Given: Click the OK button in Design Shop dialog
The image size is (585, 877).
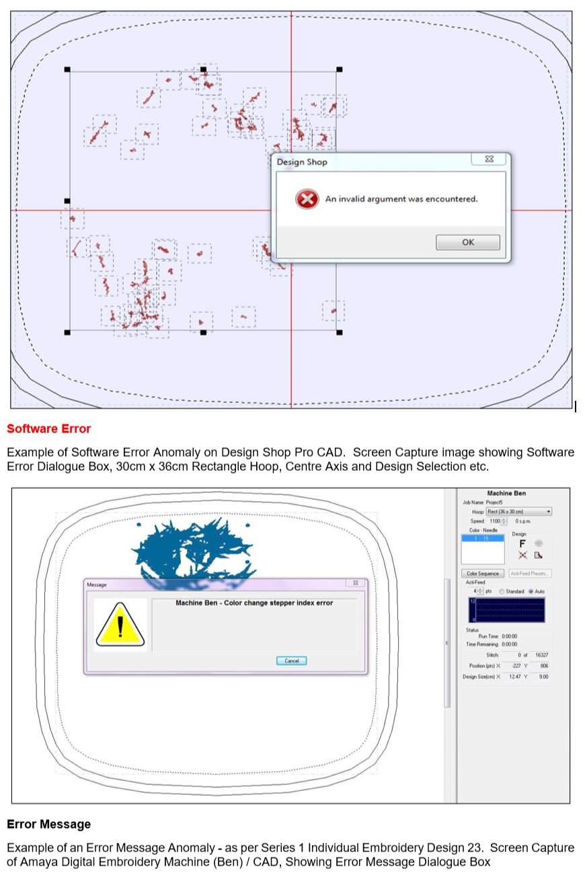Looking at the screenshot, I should [x=467, y=243].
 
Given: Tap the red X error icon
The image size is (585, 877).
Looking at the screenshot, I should [x=307, y=199].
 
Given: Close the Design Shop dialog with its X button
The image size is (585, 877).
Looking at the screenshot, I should [x=489, y=159].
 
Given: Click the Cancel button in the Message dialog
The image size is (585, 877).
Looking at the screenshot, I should [x=291, y=660].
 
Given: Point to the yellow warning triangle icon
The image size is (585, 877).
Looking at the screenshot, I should [x=120, y=625].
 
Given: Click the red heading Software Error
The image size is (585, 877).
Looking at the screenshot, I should [x=49, y=428].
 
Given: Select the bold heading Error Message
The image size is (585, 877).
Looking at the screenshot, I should [x=48, y=824].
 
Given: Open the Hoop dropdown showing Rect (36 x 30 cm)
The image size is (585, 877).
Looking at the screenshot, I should [x=518, y=512].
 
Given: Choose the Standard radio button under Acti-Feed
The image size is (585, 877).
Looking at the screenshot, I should [x=502, y=591].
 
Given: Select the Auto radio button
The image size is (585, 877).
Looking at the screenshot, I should [x=531, y=591].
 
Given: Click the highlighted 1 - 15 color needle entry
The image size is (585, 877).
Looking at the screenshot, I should [x=482, y=539].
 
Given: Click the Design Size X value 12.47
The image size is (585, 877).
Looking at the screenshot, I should [x=514, y=677].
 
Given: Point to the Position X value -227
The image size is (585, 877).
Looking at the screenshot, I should [x=516, y=666].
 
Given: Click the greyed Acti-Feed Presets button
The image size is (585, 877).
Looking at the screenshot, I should [x=529, y=574].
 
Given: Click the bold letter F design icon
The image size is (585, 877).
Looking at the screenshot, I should [x=522, y=543].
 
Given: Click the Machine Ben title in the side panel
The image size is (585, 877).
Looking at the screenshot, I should [x=506, y=494].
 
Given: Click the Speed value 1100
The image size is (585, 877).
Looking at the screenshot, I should [x=494, y=521].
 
